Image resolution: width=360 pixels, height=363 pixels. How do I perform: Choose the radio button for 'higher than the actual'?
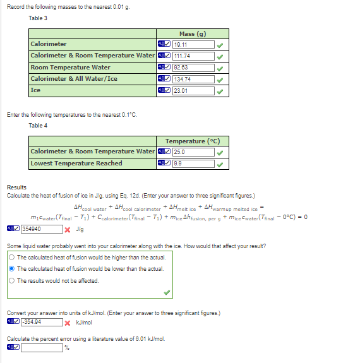point(12,258)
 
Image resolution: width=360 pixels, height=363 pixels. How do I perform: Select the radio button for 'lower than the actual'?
point(12,269)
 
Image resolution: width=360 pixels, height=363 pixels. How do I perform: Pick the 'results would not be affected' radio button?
point(12,280)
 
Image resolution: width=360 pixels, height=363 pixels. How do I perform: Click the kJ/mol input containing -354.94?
point(40,323)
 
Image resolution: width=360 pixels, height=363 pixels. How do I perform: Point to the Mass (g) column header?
point(193,34)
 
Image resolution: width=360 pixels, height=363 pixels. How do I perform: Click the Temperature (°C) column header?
point(193,141)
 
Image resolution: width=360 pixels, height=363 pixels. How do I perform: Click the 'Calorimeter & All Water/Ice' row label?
point(74,79)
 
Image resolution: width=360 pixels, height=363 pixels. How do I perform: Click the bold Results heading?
point(16,187)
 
